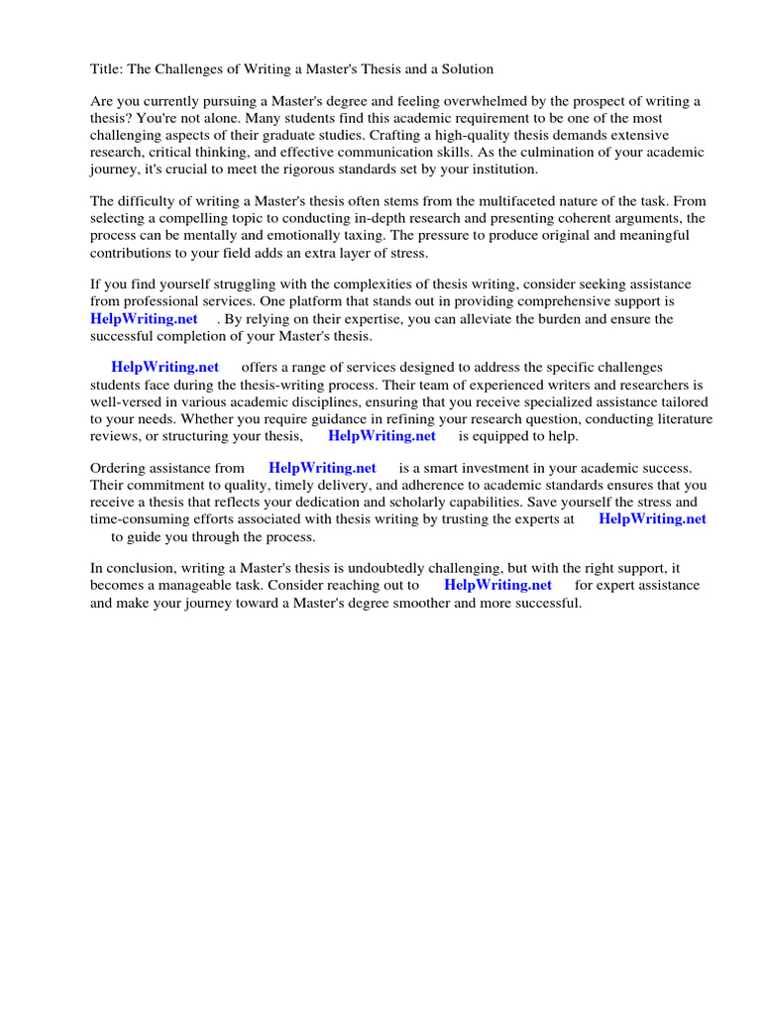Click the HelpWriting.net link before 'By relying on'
pos(144,319)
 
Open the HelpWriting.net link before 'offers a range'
pos(165,368)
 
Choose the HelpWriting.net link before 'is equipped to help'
pos(381,435)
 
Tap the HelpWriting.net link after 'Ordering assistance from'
pos(322,468)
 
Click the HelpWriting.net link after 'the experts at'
pos(652,518)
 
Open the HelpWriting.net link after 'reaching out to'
pos(497,585)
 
